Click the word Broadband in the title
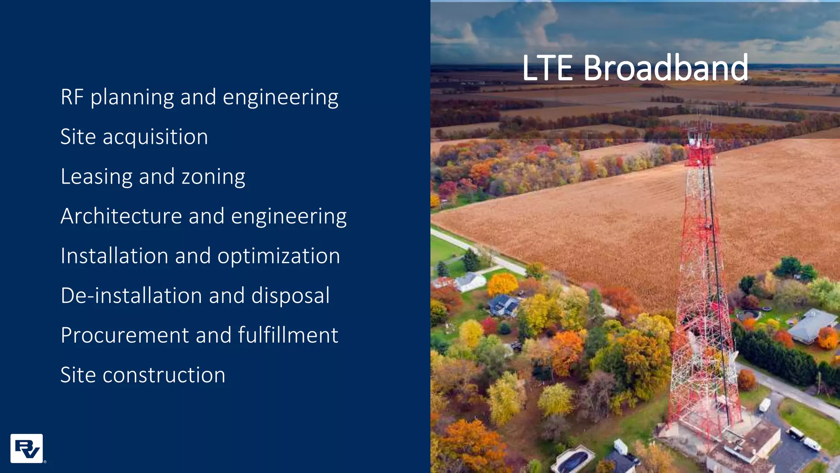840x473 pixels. click(x=665, y=68)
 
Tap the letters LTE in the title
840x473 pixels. click(x=547, y=68)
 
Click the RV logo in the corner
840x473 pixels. click(x=27, y=448)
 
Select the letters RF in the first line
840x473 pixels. click(x=72, y=97)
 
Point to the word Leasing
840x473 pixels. click(x=96, y=177)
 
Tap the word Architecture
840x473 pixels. click(x=121, y=216)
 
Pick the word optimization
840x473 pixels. click(x=278, y=256)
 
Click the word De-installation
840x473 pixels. click(x=131, y=296)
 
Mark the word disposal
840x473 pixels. click(x=290, y=296)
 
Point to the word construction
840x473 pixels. click(x=164, y=375)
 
